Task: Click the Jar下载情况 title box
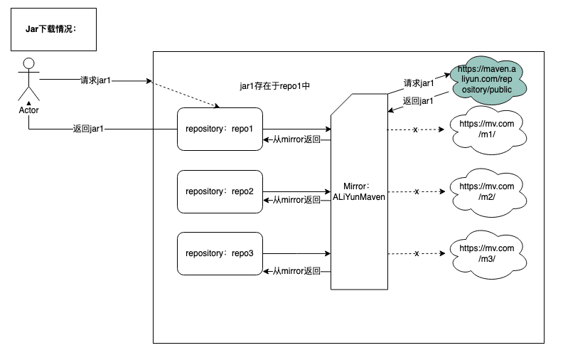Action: point(53,29)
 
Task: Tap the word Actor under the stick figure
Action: point(28,110)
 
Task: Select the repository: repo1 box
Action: point(220,129)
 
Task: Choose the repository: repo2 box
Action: point(220,191)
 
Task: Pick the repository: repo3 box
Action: point(220,253)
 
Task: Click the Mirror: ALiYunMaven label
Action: point(359,191)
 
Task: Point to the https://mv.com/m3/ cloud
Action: point(486,253)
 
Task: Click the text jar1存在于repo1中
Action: point(274,85)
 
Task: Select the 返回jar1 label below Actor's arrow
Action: point(87,129)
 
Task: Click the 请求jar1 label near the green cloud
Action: point(419,83)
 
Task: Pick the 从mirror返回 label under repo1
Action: point(296,139)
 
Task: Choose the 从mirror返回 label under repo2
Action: point(296,200)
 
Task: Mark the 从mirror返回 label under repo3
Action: point(296,271)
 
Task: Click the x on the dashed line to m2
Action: point(417,191)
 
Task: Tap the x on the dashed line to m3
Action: point(417,253)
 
